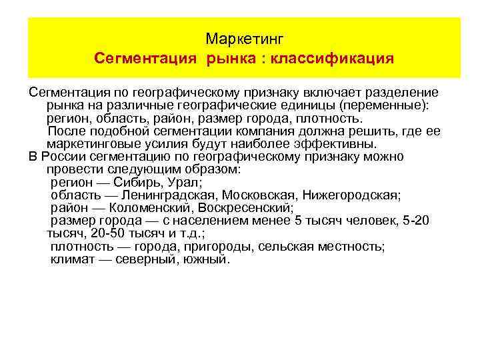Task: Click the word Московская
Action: click(x=259, y=195)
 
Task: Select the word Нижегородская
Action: click(x=351, y=195)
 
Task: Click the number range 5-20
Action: click(x=418, y=220)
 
